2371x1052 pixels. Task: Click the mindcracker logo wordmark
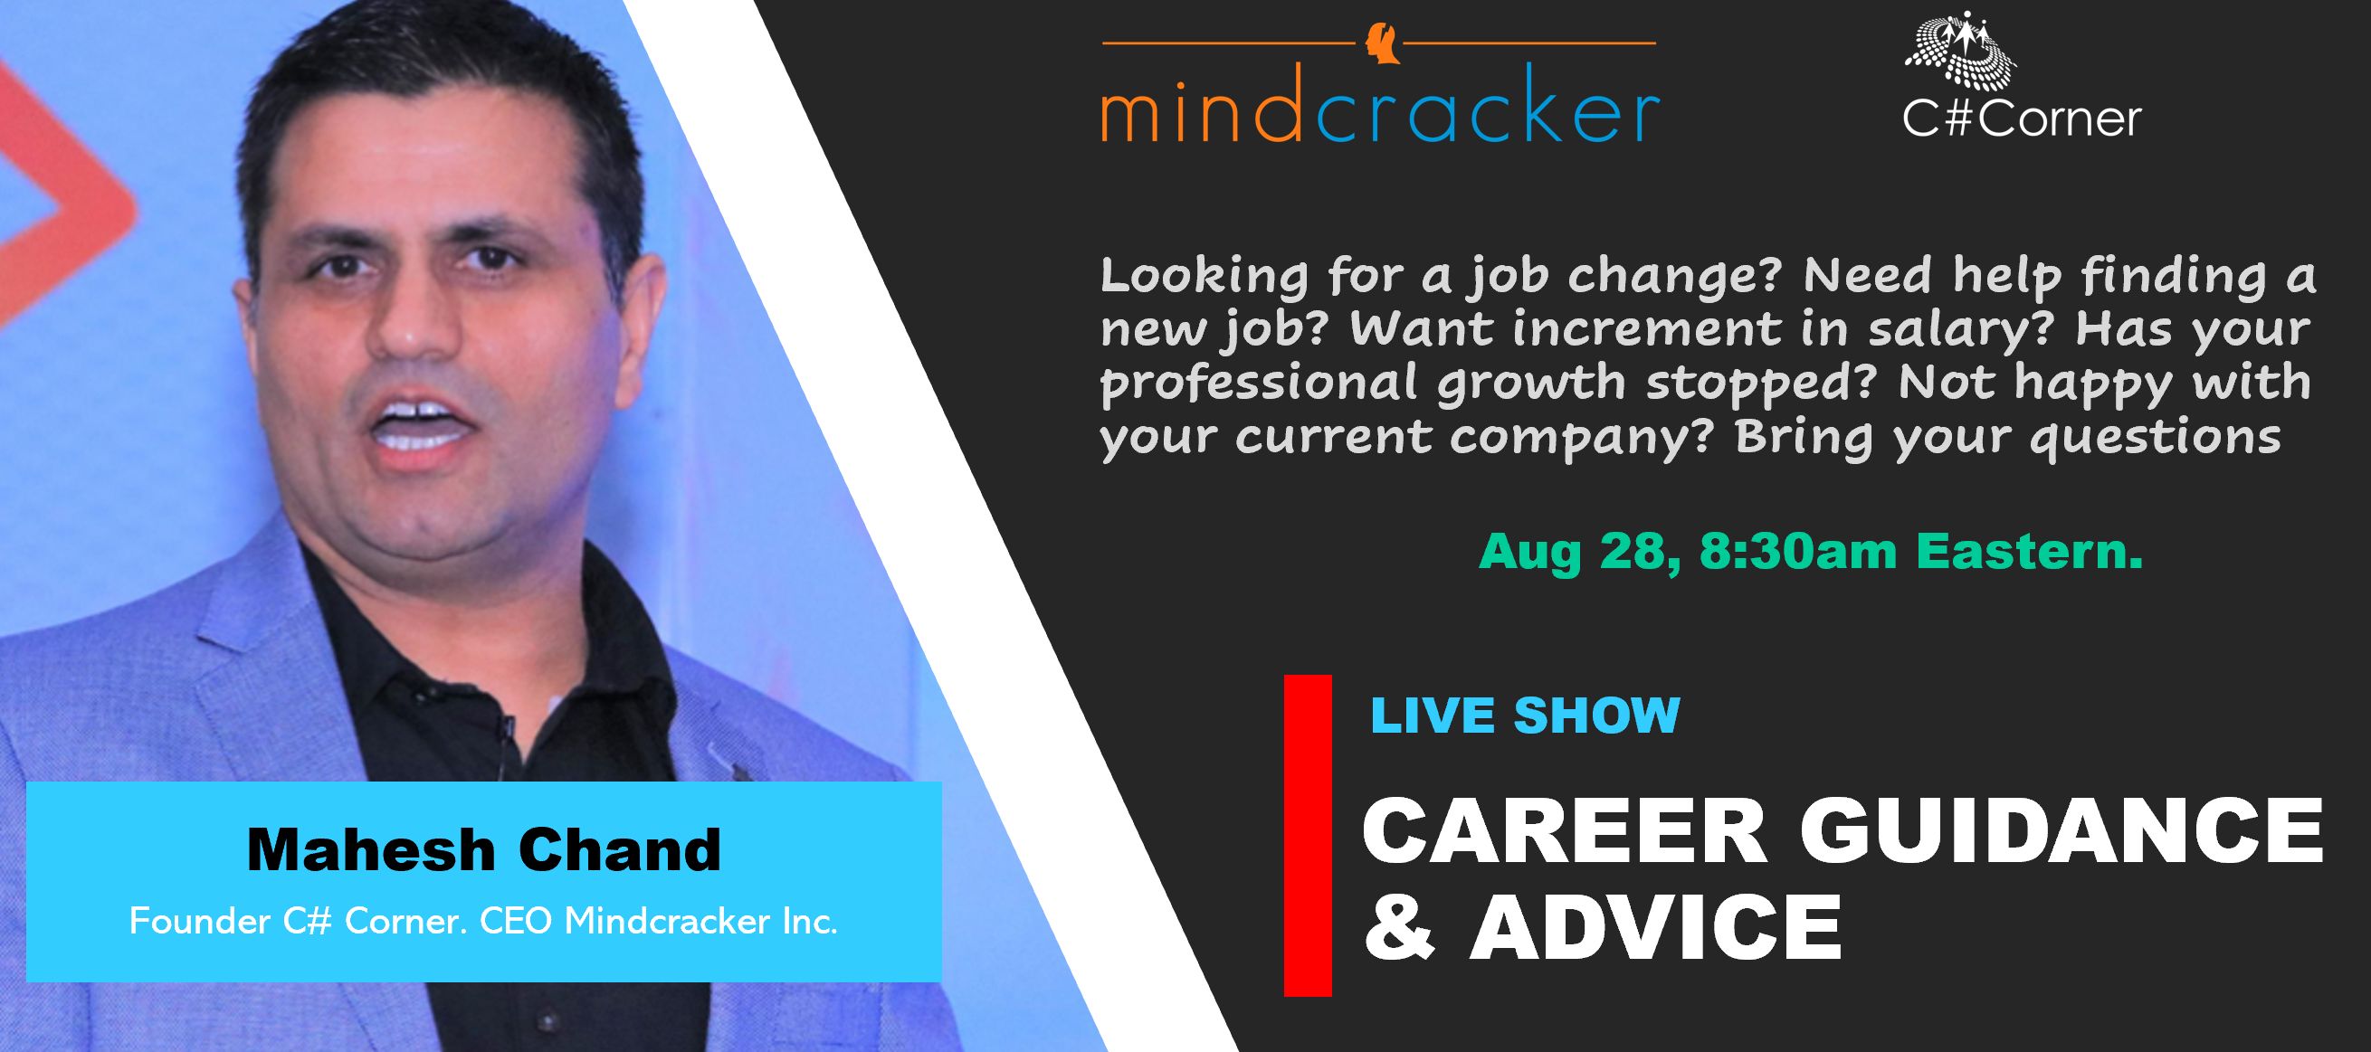tap(1380, 116)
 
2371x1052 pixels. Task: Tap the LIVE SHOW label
tap(1525, 716)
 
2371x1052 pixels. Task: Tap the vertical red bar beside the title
tap(1308, 835)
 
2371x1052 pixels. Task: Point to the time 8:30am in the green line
tap(1797, 550)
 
